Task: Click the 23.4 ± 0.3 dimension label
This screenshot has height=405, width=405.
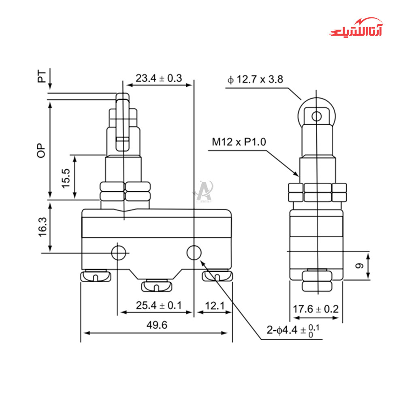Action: (x=159, y=78)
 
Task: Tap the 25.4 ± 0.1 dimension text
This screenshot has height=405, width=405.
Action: (x=159, y=305)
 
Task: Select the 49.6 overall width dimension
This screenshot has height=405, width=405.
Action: (x=157, y=325)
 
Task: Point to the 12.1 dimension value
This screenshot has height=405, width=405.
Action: (x=215, y=305)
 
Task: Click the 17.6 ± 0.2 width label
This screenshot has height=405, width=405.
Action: (x=315, y=309)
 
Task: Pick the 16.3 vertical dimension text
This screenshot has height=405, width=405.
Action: (x=43, y=227)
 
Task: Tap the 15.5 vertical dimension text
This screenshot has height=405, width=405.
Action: (x=66, y=178)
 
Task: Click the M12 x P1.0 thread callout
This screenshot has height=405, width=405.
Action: (x=239, y=142)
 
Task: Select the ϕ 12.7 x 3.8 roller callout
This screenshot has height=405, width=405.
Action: (x=255, y=79)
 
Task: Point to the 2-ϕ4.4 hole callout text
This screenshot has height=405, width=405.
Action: (x=293, y=330)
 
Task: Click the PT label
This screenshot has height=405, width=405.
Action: (x=42, y=77)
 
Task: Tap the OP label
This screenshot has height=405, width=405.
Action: (x=41, y=150)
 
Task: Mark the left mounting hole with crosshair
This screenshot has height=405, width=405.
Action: (x=118, y=253)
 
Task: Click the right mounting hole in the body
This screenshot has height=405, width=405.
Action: (x=194, y=252)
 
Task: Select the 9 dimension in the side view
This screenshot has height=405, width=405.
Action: (x=359, y=266)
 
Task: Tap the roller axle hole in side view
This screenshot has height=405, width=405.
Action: (x=317, y=116)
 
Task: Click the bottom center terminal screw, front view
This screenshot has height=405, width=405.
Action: (x=156, y=285)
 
